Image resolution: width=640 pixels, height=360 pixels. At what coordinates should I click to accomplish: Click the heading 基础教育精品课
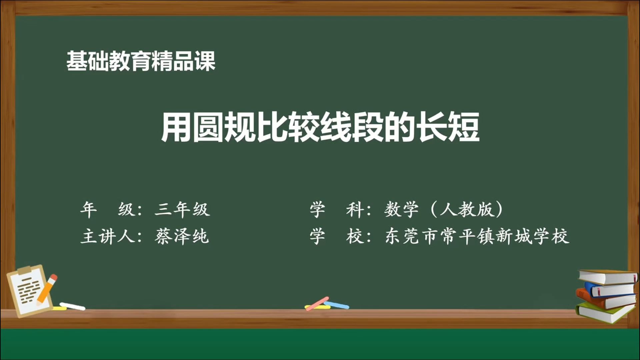pyautogui.click(x=141, y=61)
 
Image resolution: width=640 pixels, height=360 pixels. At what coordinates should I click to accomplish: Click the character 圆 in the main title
pyautogui.click(x=208, y=127)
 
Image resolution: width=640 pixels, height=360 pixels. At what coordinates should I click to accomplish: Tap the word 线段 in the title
pyautogui.click(x=351, y=127)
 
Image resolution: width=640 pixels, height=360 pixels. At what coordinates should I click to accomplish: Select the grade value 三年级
pyautogui.click(x=182, y=210)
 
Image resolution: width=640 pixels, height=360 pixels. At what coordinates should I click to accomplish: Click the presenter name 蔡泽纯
pyautogui.click(x=182, y=237)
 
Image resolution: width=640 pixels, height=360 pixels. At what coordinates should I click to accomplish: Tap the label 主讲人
pyautogui.click(x=107, y=237)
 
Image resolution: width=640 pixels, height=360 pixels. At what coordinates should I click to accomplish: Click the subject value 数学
pyautogui.click(x=401, y=210)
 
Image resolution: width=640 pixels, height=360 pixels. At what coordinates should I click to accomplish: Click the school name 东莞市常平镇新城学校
pyautogui.click(x=477, y=237)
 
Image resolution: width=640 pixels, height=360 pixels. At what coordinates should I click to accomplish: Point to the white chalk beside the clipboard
pyautogui.click(x=72, y=306)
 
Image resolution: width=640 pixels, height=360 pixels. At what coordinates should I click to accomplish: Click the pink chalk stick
pyautogui.click(x=317, y=303)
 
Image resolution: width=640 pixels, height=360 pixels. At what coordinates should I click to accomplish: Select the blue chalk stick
pyautogui.click(x=337, y=305)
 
